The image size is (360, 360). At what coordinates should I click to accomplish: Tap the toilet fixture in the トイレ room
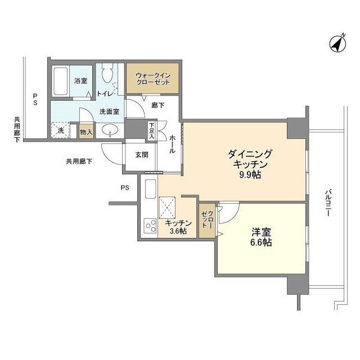click(107, 73)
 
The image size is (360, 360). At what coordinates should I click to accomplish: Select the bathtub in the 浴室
click(60, 81)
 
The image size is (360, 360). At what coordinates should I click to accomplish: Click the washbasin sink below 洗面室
click(110, 130)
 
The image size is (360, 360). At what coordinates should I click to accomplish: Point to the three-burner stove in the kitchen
click(150, 226)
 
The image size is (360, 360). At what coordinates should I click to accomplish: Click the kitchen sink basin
click(151, 189)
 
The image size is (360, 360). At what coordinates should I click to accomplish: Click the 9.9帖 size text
click(250, 175)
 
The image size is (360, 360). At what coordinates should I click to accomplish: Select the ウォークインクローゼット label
click(153, 79)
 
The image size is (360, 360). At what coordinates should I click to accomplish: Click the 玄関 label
click(142, 155)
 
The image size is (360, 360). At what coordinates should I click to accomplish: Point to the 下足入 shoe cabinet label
click(152, 131)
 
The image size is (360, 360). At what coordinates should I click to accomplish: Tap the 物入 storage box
click(86, 132)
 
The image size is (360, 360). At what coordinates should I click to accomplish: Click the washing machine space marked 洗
click(60, 130)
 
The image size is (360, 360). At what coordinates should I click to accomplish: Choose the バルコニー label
click(328, 202)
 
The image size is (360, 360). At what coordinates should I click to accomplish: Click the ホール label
click(173, 144)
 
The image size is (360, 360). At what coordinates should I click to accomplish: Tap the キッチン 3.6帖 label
click(178, 227)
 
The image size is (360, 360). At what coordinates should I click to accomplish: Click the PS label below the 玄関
click(125, 188)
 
